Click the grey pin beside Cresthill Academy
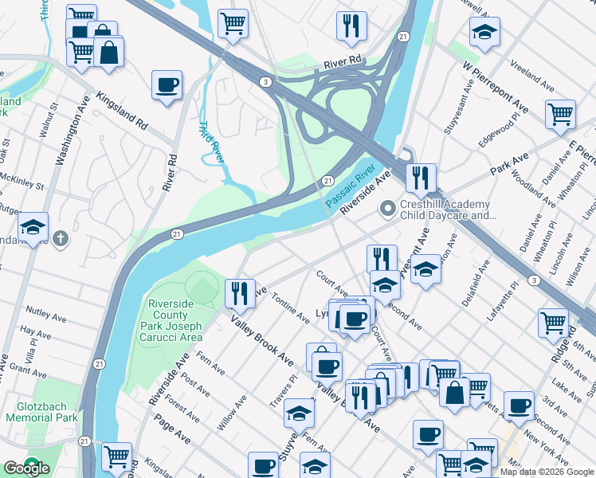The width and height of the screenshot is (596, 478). [388, 210]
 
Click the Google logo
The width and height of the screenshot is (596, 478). [26, 468]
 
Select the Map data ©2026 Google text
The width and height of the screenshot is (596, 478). [547, 472]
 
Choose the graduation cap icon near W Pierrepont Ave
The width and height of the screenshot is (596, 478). [484, 32]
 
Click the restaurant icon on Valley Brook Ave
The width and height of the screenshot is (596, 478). [239, 293]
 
